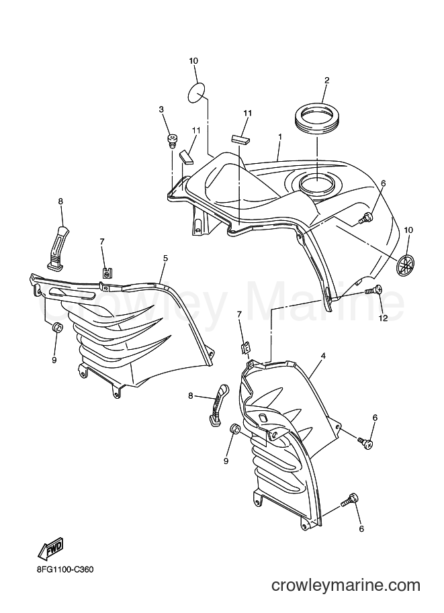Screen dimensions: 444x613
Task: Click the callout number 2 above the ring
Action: click(x=326, y=81)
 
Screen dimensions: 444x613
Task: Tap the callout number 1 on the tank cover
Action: click(x=280, y=136)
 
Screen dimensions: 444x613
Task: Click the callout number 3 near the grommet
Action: click(x=161, y=110)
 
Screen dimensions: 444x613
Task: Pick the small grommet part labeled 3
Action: click(x=171, y=141)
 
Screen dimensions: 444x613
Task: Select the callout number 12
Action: click(x=383, y=318)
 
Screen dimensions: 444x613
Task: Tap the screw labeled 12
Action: click(x=373, y=290)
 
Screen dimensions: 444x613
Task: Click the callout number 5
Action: click(x=165, y=258)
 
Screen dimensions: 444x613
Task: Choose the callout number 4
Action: click(x=323, y=356)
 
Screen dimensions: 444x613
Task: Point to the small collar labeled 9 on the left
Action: click(x=56, y=326)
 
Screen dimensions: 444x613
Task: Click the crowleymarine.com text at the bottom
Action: click(x=346, y=585)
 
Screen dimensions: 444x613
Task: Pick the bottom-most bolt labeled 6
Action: click(x=349, y=500)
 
